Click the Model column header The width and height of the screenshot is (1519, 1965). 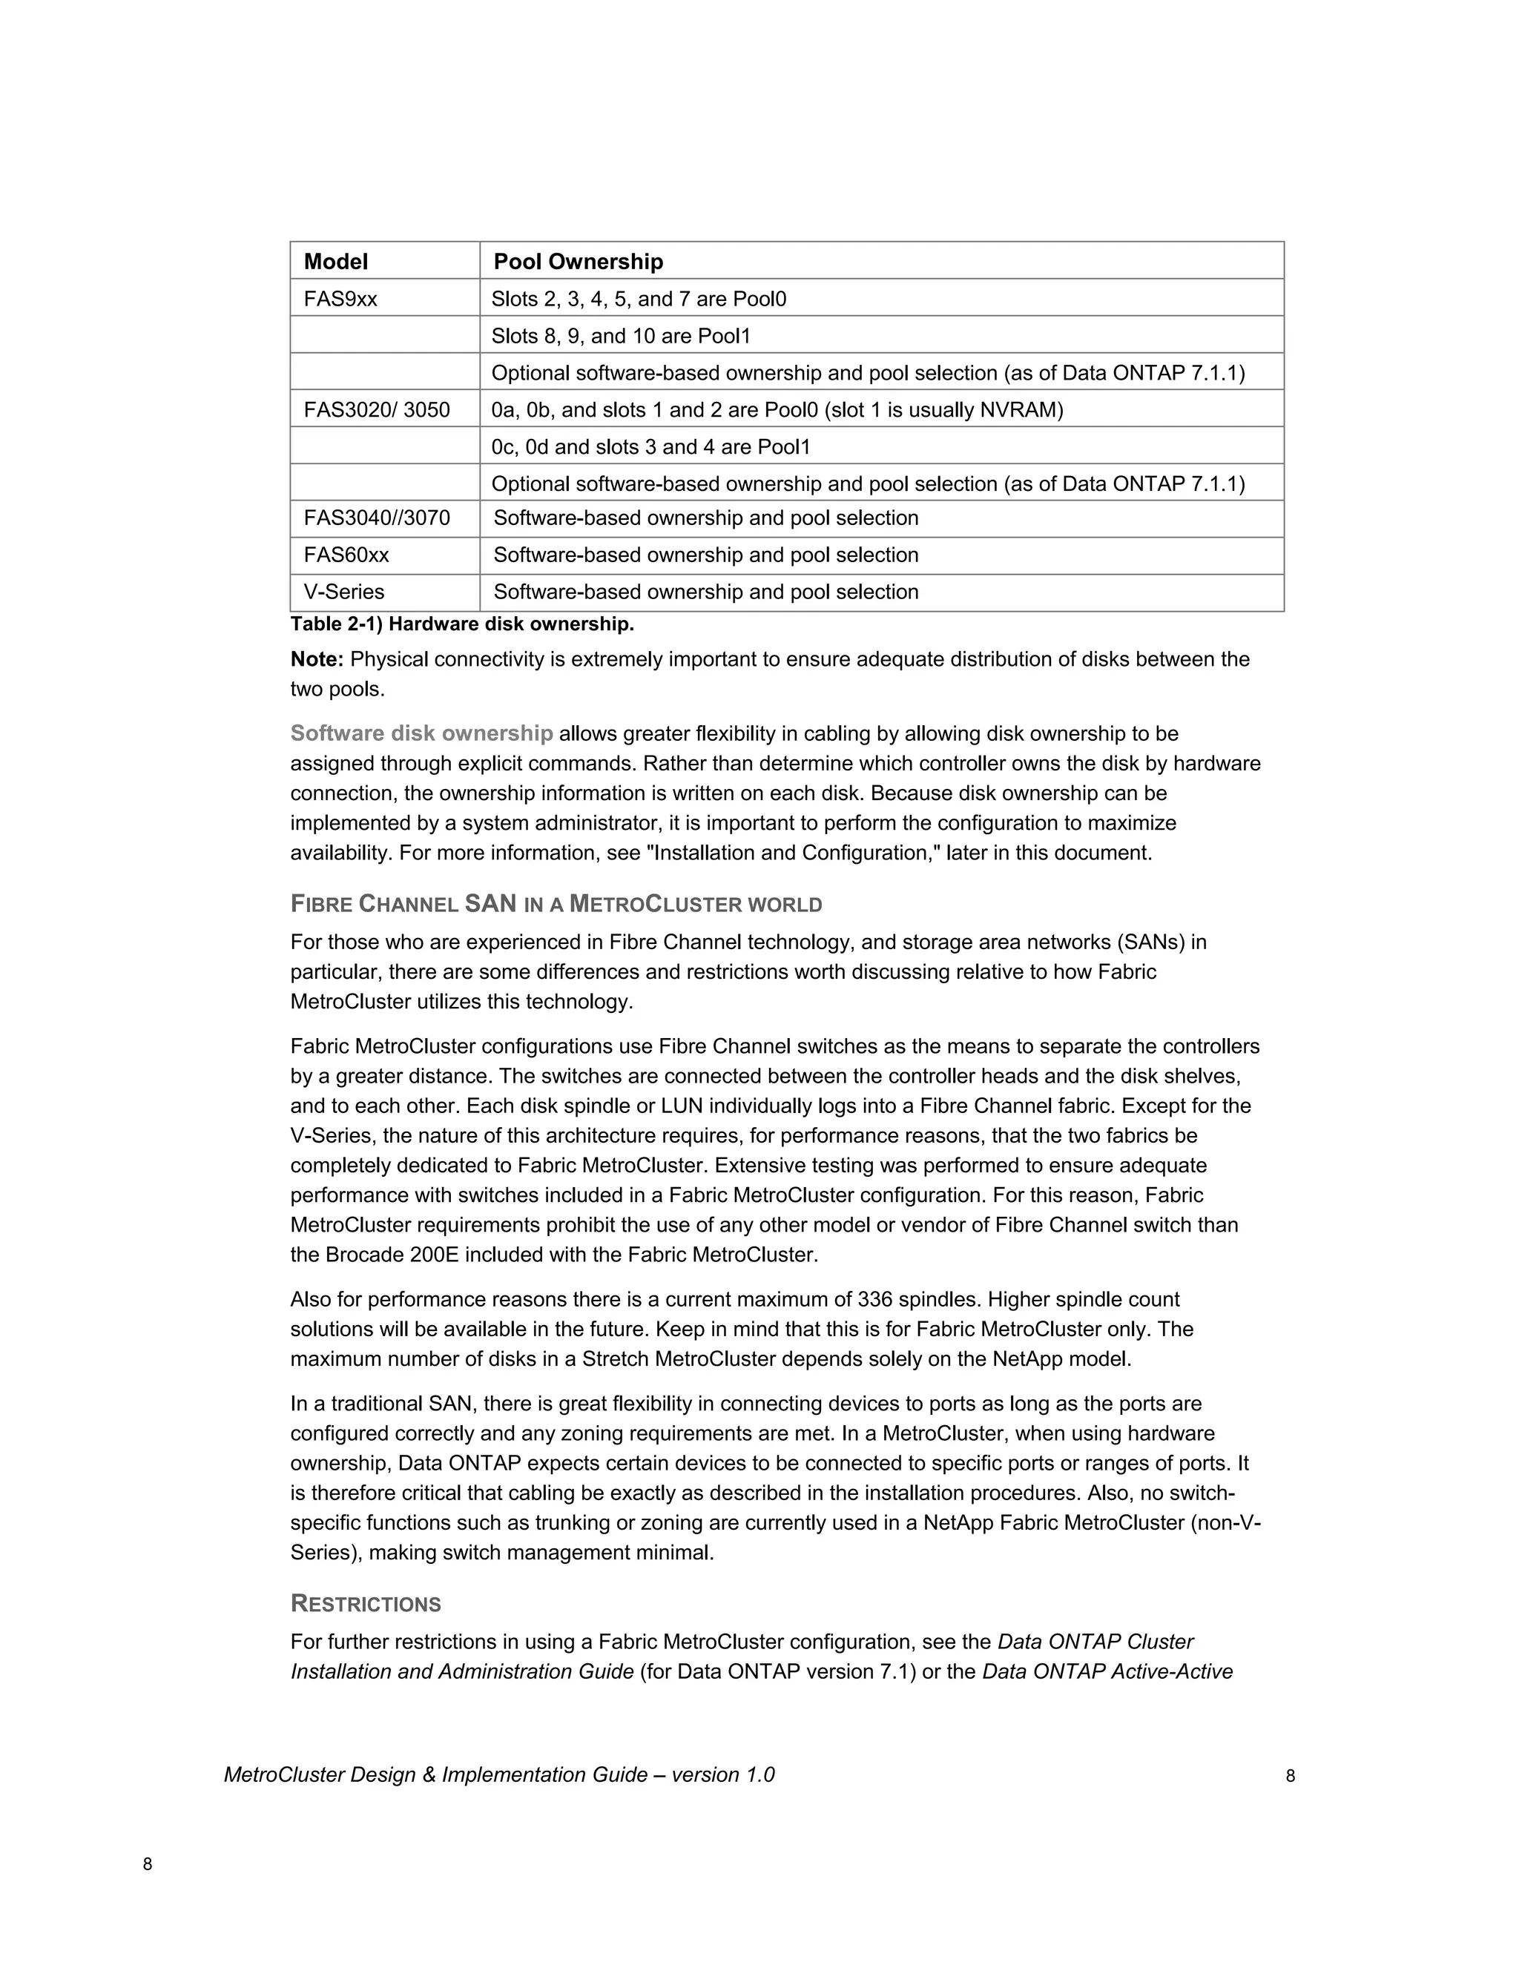[x=336, y=262]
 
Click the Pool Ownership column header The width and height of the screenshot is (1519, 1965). [x=578, y=262]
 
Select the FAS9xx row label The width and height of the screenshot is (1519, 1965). [x=340, y=299]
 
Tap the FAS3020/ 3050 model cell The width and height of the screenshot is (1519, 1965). [x=376, y=410]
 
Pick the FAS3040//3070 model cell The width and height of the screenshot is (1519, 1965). [x=376, y=518]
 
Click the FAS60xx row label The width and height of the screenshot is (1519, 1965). [x=346, y=555]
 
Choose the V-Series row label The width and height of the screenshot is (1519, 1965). [x=343, y=592]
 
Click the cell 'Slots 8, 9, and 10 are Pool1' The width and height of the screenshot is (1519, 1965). [x=620, y=337]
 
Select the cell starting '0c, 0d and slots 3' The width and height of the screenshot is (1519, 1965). [x=650, y=447]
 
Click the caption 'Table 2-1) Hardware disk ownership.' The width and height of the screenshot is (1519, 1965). [x=461, y=624]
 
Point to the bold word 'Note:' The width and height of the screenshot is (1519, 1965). [x=317, y=659]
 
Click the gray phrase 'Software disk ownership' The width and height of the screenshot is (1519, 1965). [x=421, y=733]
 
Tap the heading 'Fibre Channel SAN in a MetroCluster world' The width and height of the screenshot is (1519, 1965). [x=556, y=904]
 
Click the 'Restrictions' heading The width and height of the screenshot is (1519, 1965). [x=366, y=1604]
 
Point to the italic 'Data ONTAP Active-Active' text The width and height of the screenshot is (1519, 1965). [x=1107, y=1671]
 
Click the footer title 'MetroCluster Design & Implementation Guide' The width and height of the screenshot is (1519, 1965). [x=435, y=1774]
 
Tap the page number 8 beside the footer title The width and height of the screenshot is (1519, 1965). [x=1290, y=1776]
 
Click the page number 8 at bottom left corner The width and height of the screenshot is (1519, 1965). [x=148, y=1864]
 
